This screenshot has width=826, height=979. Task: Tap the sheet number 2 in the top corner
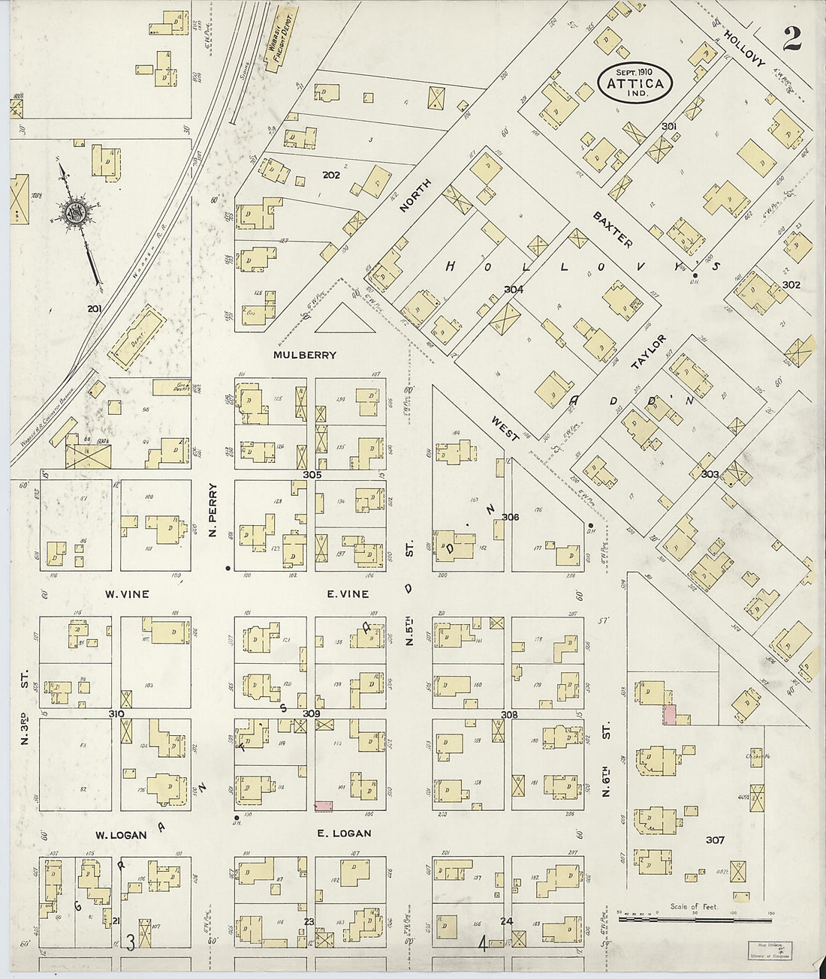pos(791,39)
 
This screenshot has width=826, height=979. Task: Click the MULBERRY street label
pos(305,355)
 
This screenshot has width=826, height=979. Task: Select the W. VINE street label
pos(127,594)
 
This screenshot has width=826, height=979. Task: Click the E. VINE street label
pos(347,594)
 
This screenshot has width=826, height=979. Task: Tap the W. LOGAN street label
pos(120,835)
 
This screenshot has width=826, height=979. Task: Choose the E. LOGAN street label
pos(344,833)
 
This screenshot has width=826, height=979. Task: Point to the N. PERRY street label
pos(213,509)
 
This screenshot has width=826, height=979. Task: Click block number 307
pos(715,839)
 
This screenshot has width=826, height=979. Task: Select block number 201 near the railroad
pos(94,308)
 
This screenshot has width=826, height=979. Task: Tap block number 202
pos(331,175)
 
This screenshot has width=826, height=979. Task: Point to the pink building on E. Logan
pos(324,805)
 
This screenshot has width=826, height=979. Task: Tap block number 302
pos(791,285)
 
